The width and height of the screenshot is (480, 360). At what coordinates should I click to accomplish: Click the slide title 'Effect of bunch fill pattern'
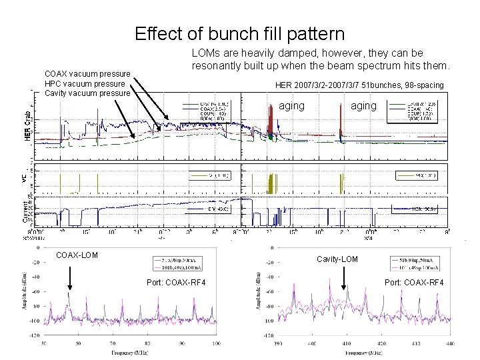click(239, 33)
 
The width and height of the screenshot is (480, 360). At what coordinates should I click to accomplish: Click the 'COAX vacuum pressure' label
click(85, 73)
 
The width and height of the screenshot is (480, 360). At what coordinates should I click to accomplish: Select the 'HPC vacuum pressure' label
click(84, 83)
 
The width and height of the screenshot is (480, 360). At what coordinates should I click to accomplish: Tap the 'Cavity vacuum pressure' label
click(87, 93)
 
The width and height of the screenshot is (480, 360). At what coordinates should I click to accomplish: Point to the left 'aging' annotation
click(291, 106)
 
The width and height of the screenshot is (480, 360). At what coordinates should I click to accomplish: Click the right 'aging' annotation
click(363, 106)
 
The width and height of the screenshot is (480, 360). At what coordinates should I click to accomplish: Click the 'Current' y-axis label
click(27, 212)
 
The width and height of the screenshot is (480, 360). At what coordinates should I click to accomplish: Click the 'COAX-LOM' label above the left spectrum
click(76, 255)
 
